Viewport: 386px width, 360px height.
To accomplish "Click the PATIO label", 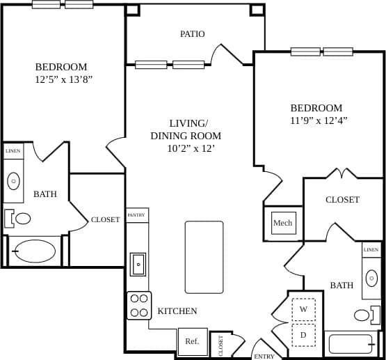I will tap(192, 33).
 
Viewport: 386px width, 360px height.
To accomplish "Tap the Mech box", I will tap(282, 223).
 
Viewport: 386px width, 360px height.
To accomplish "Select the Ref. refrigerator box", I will tap(191, 341).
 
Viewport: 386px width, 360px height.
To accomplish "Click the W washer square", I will tap(303, 308).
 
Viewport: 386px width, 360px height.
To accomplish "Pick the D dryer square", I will tap(303, 334).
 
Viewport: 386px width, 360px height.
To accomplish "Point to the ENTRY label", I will tap(264, 356).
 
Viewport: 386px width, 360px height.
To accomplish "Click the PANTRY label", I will tap(137, 215).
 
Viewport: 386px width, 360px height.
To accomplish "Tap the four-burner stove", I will tap(139, 305).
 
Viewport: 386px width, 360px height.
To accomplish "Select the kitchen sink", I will tap(138, 264).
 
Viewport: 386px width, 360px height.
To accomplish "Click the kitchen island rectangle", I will tap(204, 257).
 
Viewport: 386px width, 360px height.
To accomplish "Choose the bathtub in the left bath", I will tap(35, 251).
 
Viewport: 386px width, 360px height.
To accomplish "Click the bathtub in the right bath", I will tap(351, 344).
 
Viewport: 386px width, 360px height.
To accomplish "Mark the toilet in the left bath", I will tap(19, 218).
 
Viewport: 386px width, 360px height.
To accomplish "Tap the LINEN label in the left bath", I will tap(13, 150).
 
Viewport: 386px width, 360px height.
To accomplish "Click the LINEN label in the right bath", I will tap(371, 249).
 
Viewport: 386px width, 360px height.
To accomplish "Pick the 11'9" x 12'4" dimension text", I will tap(319, 120).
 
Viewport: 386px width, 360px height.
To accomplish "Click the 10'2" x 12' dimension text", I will tap(191, 148).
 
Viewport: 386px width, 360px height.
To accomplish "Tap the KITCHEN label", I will tap(177, 311).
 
